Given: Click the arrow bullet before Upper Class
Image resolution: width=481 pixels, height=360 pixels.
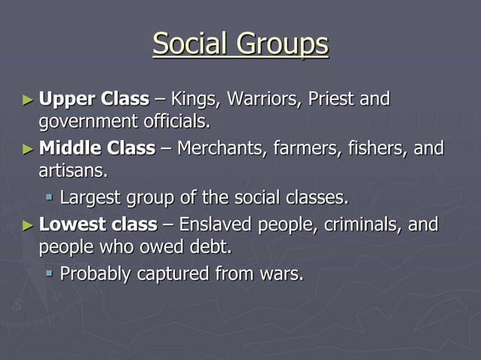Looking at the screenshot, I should [28, 99].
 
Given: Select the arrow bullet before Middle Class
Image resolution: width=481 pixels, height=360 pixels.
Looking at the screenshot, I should [28, 148].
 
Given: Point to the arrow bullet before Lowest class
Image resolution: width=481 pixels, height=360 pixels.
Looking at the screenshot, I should [28, 224].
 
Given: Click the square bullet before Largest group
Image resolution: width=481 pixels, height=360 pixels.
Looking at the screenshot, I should [50, 198].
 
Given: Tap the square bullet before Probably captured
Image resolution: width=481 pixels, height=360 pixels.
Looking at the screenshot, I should [50, 274].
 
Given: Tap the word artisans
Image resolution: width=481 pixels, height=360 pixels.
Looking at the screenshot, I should [72, 170].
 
